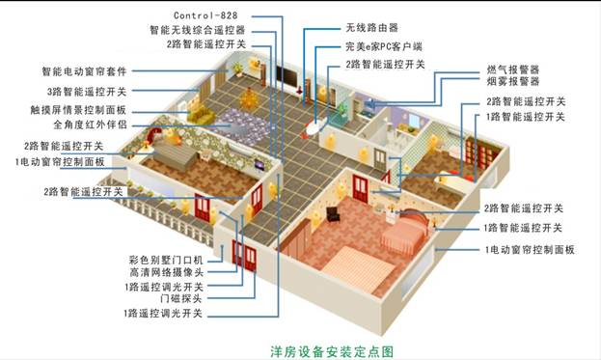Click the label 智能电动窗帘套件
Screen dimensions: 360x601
tap(84, 71)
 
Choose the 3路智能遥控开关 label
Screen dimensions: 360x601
tap(83, 91)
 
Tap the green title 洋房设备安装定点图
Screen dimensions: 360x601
tap(331, 347)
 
